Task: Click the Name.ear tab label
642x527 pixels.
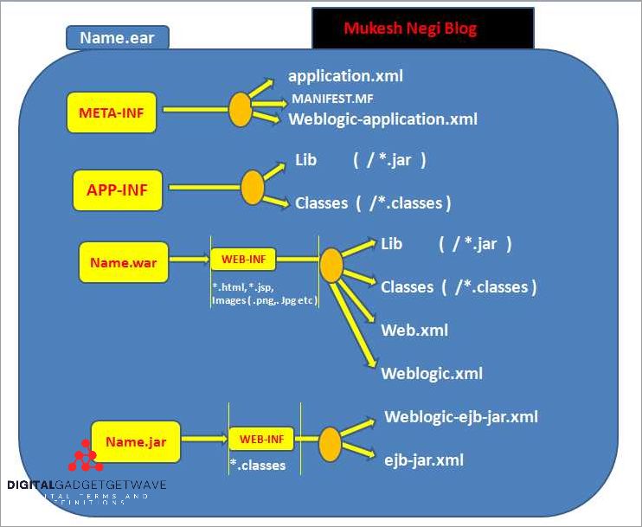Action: [117, 37]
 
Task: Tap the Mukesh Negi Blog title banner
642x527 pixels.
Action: [422, 29]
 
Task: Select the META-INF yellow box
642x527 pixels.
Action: [112, 112]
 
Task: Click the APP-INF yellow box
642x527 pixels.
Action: [117, 190]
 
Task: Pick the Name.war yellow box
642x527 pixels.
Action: [123, 262]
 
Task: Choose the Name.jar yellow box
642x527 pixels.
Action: [135, 442]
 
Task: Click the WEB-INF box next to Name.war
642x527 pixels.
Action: [243, 258]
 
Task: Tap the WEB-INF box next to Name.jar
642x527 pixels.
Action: [261, 440]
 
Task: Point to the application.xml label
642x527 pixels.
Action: [345, 76]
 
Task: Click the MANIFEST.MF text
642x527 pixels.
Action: [332, 98]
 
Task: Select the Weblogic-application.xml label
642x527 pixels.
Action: [382, 119]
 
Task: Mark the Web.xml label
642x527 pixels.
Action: [414, 330]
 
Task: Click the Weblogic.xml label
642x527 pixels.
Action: [432, 374]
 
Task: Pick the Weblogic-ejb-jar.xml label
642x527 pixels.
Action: [461, 417]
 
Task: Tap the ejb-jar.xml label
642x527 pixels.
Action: [424, 460]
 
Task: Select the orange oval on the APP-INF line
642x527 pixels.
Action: [252, 187]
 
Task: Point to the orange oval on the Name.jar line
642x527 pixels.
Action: [330, 444]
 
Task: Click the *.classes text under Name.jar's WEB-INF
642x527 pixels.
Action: [258, 466]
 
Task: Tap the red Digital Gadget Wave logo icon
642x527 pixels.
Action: [84, 456]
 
